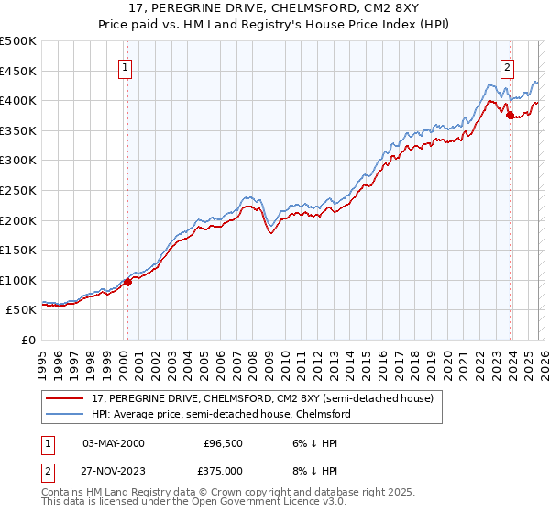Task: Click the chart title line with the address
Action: coord(274,9)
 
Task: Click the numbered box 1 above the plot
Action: coord(124,66)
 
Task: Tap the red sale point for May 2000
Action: coord(127,282)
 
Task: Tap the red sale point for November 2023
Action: coord(510,116)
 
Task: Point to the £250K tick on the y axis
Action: coord(18,190)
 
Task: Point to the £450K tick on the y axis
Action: coord(18,71)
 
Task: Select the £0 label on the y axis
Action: coord(27,340)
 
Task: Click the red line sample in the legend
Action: coord(66,398)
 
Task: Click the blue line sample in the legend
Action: coord(66,414)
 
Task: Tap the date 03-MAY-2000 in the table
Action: coord(114,443)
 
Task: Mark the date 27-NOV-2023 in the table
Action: coord(114,472)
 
